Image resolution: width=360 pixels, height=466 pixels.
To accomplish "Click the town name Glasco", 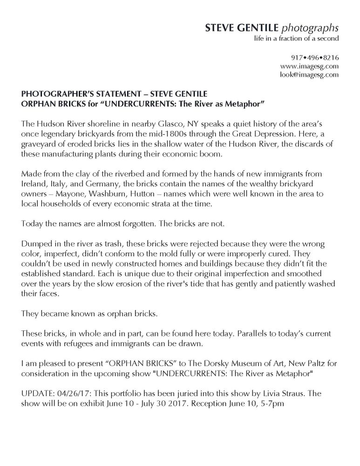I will (139, 125).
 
